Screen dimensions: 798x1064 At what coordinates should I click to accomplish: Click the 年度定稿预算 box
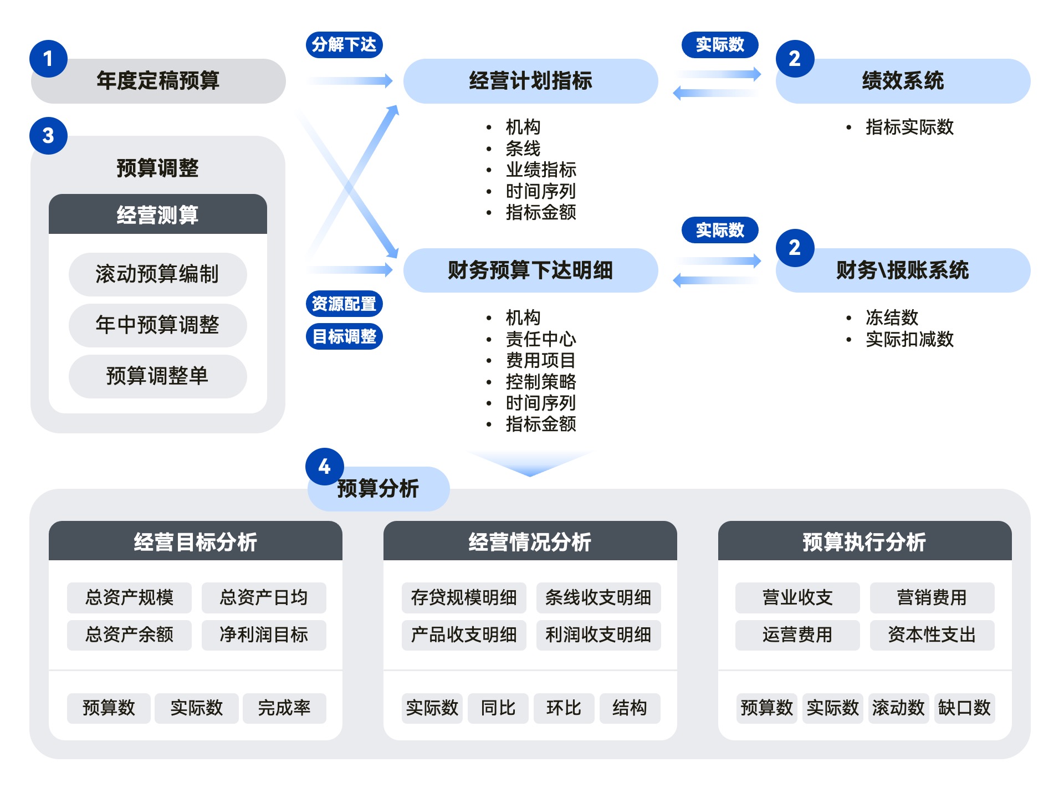click(158, 81)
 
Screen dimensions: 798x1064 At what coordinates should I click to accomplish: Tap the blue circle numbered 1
click(48, 59)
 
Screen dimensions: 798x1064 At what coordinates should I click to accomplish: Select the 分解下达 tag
click(344, 45)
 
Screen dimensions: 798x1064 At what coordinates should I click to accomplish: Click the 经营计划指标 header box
click(530, 81)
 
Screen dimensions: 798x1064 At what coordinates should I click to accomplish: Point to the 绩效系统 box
click(903, 81)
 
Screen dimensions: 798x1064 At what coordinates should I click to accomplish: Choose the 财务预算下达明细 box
click(530, 270)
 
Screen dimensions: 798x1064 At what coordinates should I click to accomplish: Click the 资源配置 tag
click(344, 304)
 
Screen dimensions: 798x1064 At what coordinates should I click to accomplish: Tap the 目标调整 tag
click(344, 336)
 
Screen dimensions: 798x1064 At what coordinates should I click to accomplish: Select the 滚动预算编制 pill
click(157, 274)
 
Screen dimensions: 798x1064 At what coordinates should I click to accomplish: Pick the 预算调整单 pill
click(157, 376)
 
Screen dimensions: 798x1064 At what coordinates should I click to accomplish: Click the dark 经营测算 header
click(157, 214)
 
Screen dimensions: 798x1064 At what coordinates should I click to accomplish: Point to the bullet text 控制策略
click(541, 382)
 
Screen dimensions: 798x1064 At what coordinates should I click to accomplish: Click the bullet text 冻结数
click(892, 318)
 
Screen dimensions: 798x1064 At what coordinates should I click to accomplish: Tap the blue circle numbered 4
click(325, 467)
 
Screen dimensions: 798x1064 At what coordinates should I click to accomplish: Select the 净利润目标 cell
click(264, 635)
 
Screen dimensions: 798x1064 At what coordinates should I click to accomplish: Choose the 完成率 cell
click(284, 708)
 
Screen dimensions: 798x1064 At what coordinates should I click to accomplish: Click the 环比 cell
click(564, 708)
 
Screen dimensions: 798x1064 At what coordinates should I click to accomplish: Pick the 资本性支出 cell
click(932, 635)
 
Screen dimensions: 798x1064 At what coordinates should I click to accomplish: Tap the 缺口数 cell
click(964, 708)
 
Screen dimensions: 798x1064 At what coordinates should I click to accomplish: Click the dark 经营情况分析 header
click(530, 541)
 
